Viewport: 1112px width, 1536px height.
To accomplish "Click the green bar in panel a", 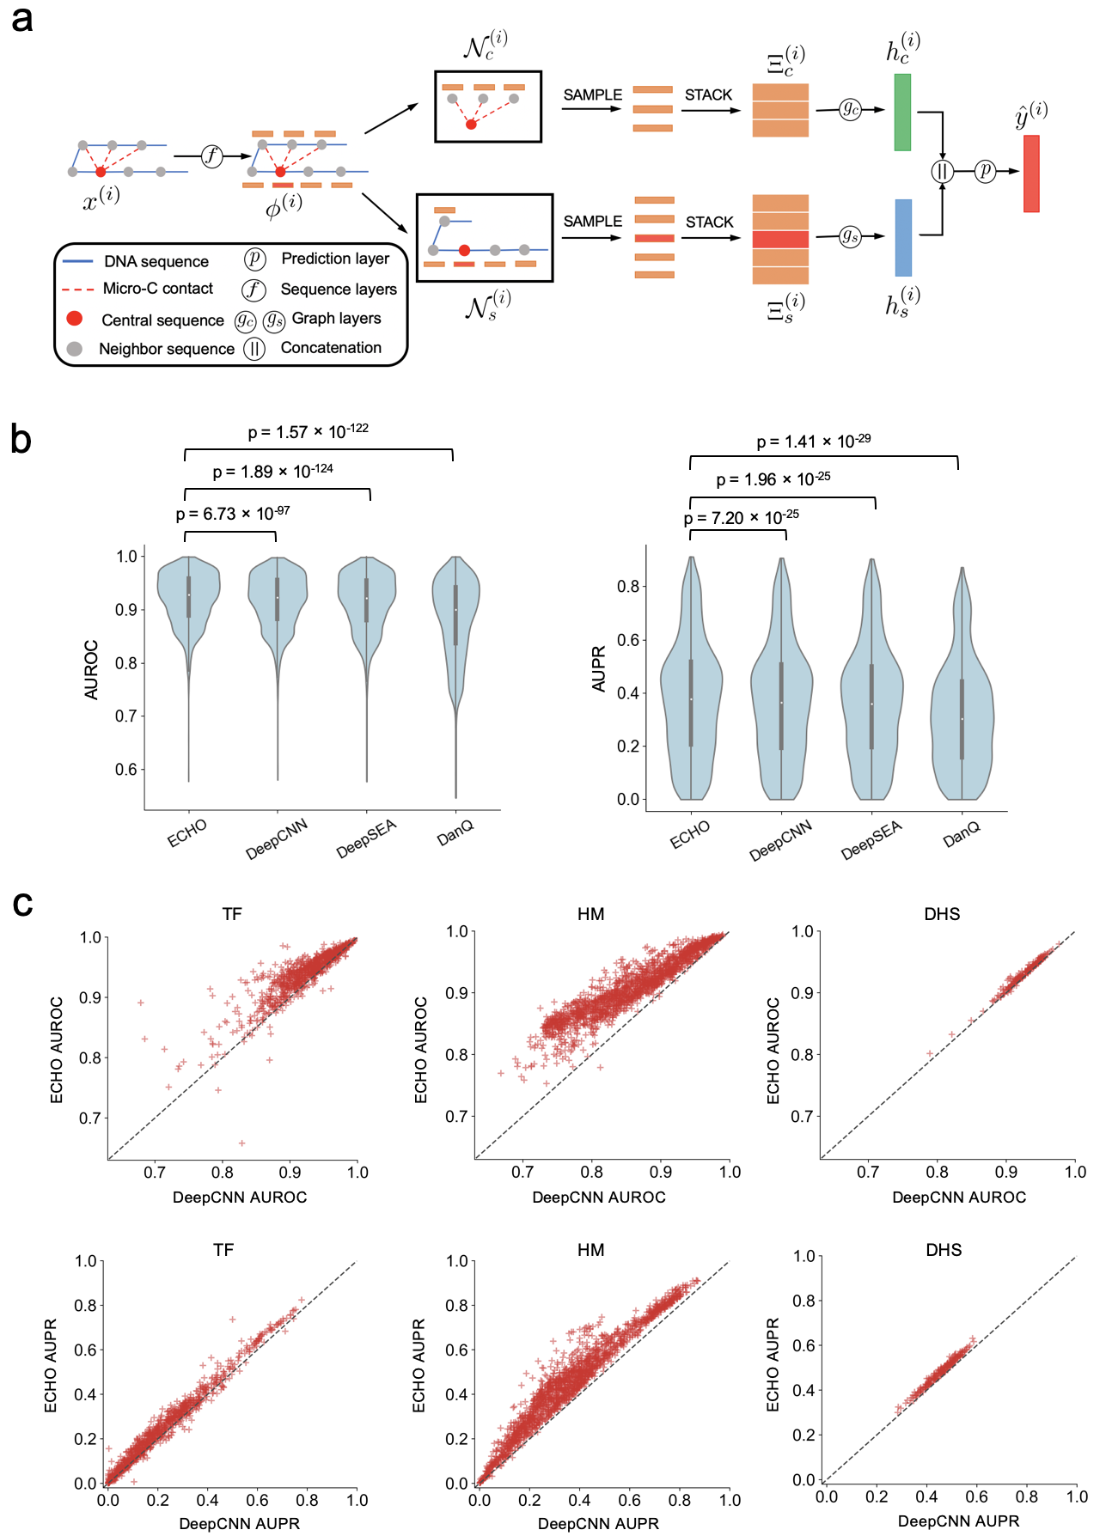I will coord(902,113).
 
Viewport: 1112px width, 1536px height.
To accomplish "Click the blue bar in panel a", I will coord(903,237).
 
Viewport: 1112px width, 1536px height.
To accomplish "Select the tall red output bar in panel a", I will coord(1031,174).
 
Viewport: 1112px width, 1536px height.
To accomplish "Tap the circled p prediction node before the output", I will coord(986,171).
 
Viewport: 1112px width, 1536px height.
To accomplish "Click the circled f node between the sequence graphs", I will coord(211,155).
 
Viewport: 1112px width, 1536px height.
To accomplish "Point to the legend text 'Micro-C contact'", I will coord(158,289).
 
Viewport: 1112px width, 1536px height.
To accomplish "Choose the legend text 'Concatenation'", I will coord(331,348).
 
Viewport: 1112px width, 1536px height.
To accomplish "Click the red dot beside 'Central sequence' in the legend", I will coord(75,319).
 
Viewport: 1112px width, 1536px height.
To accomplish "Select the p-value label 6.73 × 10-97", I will coord(233,514).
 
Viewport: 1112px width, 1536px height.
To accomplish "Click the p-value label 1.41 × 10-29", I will coord(813,442).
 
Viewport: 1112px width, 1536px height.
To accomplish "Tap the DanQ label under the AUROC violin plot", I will coord(455,832).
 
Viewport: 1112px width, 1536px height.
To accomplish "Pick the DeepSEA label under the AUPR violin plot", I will coord(871,839).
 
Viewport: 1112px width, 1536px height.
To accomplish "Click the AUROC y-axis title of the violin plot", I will coord(91,670).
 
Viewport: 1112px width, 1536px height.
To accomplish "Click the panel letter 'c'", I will coord(22,904).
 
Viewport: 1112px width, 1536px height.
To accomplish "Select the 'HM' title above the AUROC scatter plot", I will coord(591,914).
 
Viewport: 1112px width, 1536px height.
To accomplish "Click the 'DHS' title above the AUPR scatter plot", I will coord(944,1250).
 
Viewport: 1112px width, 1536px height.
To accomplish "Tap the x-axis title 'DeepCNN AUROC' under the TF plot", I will coord(240,1198).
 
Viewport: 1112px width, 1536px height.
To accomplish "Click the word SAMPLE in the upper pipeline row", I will coord(593,94).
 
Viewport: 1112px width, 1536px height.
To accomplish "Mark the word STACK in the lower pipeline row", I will coord(710,222).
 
